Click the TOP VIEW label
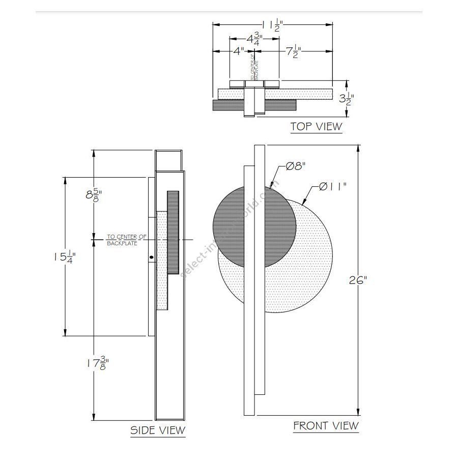[316, 126]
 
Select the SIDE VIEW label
[158, 430]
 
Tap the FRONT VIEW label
[326, 425]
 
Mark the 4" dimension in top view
[239, 51]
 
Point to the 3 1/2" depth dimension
[347, 98]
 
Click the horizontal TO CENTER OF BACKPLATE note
[126, 240]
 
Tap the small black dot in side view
[151, 257]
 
